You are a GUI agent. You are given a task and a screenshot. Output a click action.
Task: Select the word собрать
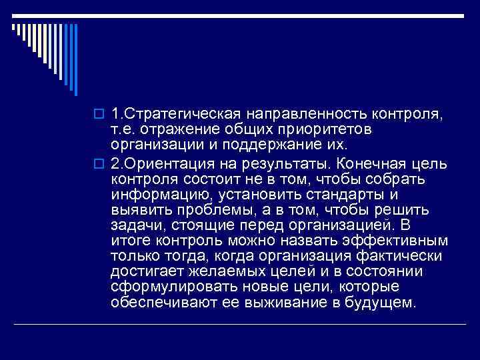(399, 180)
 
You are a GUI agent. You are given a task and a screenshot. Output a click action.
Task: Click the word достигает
(145, 271)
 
